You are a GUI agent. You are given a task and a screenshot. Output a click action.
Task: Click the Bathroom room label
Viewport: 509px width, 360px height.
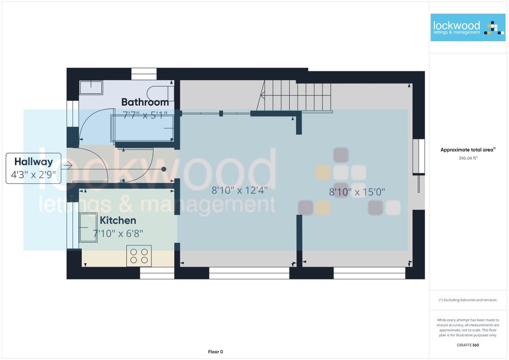[145, 102]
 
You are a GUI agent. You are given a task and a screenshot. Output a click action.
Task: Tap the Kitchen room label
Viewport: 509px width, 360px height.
[118, 220]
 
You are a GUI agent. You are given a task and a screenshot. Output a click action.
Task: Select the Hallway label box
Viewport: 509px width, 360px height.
[34, 168]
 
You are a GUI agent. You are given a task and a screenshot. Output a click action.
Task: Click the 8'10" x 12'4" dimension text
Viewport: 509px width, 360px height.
[240, 190]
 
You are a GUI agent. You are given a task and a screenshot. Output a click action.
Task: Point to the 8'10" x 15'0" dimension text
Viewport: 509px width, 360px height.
[357, 192]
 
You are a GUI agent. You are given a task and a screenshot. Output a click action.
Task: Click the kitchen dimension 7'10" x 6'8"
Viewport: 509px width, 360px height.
[118, 233]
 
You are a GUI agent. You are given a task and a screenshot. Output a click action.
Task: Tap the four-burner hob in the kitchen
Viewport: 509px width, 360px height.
[139, 256]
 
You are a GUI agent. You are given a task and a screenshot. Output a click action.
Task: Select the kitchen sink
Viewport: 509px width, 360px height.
[88, 228]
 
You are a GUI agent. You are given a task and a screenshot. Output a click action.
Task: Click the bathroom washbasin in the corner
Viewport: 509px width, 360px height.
[91, 87]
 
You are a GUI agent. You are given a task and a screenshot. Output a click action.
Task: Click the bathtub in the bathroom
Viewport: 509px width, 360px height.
[143, 129]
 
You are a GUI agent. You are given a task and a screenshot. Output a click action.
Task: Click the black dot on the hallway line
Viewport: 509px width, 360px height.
[164, 169]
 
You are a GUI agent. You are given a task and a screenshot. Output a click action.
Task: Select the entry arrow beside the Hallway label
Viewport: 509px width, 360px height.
[68, 165]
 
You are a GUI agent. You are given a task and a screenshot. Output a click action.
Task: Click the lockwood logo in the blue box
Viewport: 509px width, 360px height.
[468, 28]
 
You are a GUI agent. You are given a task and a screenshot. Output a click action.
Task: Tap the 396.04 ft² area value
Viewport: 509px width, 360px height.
[468, 158]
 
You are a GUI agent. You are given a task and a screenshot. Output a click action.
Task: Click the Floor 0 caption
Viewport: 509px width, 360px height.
[215, 352]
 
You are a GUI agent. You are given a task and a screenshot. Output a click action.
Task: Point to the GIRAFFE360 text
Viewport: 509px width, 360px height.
[468, 345]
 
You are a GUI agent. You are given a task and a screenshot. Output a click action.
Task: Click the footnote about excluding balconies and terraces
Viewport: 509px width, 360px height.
[467, 300]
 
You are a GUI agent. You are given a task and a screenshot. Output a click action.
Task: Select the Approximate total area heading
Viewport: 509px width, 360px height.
[468, 149]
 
